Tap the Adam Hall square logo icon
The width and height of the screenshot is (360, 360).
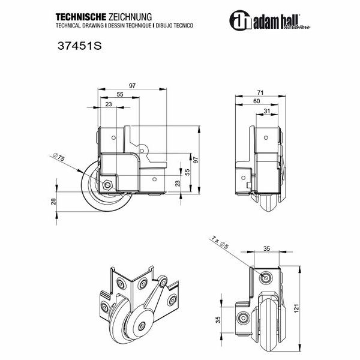[x=239, y=20]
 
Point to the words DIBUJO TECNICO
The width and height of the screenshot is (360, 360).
[x=175, y=28]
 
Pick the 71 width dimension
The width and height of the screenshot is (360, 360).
[x=260, y=92]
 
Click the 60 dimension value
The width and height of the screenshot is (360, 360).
[x=257, y=101]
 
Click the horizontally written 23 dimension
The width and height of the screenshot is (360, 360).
[x=108, y=105]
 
